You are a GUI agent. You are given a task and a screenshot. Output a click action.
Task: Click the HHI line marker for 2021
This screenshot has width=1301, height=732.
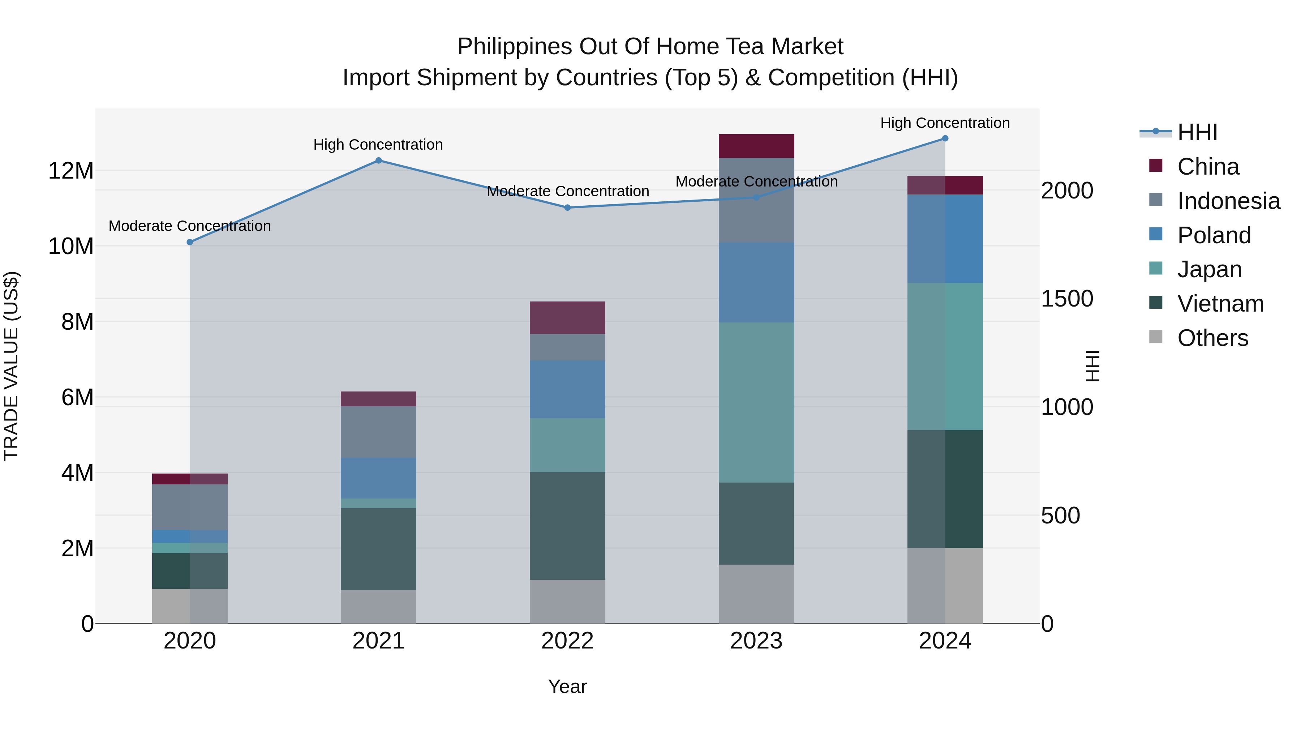click(x=378, y=160)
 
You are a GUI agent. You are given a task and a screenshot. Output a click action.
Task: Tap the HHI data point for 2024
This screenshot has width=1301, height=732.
click(x=945, y=138)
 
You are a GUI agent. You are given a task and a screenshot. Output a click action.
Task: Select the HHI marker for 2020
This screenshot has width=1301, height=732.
click(x=190, y=243)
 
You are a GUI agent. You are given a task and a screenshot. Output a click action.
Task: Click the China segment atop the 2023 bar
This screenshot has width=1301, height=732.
click(x=756, y=146)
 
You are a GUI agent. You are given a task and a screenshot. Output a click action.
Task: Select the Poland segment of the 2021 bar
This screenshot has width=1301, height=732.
click(x=378, y=478)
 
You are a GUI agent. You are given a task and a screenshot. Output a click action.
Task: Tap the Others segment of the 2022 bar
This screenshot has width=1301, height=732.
click(x=567, y=601)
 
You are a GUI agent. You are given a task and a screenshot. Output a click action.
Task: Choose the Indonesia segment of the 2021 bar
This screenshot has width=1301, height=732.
click(x=378, y=432)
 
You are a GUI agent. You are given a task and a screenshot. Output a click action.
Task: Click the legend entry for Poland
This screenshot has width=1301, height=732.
click(x=1214, y=235)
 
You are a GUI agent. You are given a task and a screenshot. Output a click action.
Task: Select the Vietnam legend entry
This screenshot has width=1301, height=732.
click(x=1220, y=304)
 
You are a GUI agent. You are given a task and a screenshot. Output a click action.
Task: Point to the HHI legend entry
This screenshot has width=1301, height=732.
click(x=1197, y=132)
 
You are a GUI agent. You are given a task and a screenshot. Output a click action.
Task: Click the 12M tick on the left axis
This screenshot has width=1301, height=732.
click(x=71, y=171)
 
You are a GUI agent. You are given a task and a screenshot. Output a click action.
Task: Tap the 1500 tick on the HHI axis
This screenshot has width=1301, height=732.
click(x=1067, y=299)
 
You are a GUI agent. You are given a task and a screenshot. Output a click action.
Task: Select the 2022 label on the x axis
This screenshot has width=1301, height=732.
click(x=567, y=641)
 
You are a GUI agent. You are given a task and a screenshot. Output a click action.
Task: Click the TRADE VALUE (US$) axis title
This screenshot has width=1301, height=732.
click(x=11, y=366)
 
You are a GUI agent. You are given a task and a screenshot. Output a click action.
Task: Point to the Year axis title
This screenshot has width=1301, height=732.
click(x=567, y=686)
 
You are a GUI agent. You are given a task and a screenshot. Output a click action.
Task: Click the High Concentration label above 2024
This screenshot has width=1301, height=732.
click(x=945, y=123)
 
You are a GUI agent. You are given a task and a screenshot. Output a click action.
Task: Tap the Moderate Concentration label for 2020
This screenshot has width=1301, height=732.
click(x=190, y=226)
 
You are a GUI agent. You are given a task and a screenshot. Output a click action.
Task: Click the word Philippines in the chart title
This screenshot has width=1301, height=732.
click(x=515, y=47)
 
